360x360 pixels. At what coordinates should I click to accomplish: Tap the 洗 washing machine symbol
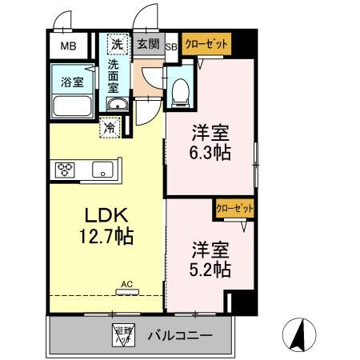118,46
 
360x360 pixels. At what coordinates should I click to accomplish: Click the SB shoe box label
171,46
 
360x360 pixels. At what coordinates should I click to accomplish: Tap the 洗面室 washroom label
117,78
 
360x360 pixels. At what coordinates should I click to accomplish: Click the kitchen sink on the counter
102,169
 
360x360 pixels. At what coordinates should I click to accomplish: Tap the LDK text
102,216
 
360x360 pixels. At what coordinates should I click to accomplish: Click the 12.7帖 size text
105,238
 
